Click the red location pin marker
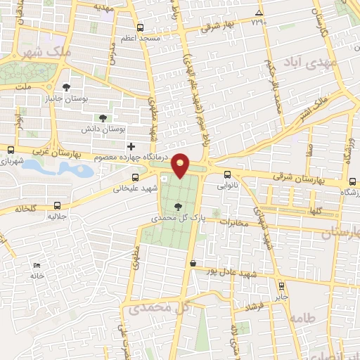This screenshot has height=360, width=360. point(181,165)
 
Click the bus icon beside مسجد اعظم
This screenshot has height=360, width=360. point(140,28)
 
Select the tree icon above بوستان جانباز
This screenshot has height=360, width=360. point(66,88)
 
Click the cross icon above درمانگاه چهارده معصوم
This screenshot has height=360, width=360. point(131,146)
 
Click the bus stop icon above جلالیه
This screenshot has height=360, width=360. point(57,206)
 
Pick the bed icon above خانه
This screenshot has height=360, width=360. point(37,266)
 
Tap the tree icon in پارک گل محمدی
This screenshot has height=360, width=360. point(176,206)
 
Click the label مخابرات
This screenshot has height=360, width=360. point(233,223)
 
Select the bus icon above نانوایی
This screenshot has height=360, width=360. point(226,175)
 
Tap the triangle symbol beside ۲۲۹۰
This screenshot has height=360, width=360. point(259,13)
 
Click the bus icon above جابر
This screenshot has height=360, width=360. point(282,286)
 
